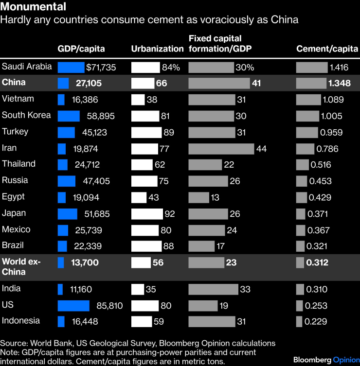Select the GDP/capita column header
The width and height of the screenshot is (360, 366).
coord(81,49)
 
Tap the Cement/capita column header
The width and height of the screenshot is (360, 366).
coord(327,49)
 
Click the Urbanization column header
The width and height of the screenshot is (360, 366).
coord(158,49)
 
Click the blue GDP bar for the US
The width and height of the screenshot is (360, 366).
coord(73,306)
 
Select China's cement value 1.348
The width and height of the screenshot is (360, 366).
coord(339,83)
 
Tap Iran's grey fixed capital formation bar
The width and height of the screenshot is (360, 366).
coord(221,149)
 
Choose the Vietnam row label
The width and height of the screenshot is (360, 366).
coord(18,99)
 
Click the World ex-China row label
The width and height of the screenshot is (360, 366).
coord(21,266)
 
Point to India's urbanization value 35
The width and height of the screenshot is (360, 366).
coord(151,290)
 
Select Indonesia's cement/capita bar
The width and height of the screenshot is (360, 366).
coord(299,321)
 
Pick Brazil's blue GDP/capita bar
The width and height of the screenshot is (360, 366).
coord(62,246)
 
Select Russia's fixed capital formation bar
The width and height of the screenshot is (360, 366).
coord(208,181)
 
